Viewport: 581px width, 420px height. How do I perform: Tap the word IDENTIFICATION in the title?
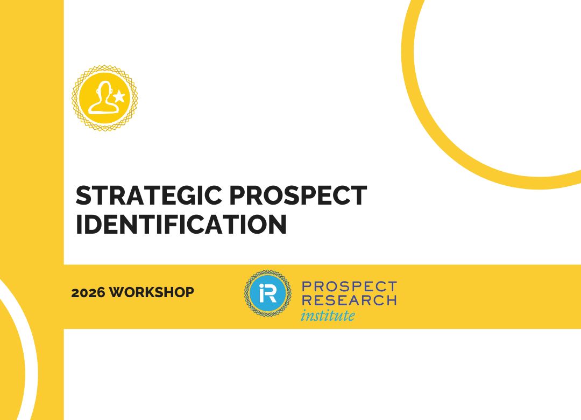click(181, 225)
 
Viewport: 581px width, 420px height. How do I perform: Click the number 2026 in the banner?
click(88, 293)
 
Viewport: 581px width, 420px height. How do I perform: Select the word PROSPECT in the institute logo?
click(349, 286)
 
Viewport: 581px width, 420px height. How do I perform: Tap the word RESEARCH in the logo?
click(349, 300)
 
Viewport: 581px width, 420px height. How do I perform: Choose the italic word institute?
click(328, 315)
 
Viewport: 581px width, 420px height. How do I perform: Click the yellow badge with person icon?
click(105, 98)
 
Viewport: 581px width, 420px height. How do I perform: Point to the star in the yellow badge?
click(119, 97)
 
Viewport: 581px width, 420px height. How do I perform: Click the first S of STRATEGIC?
click(83, 196)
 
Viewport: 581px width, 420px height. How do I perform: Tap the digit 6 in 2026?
click(100, 293)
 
